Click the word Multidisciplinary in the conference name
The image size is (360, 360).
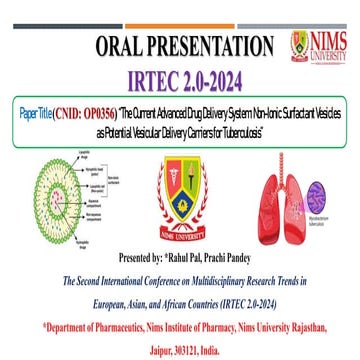pos(227,277)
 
